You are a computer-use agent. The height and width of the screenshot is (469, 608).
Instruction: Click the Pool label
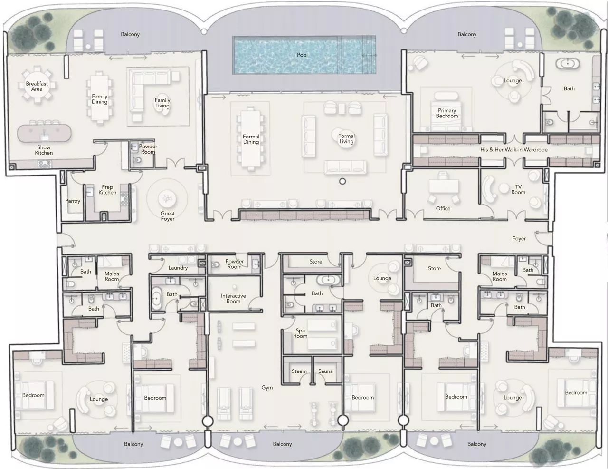click(x=302, y=55)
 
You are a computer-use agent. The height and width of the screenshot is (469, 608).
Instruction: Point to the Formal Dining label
click(x=251, y=139)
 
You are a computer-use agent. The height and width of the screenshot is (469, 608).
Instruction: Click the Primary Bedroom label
click(x=447, y=113)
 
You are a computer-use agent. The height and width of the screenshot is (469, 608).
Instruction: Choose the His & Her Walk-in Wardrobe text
click(x=513, y=149)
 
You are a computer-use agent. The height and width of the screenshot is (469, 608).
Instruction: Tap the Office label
click(x=443, y=208)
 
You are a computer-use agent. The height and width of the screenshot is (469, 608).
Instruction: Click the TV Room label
click(x=518, y=190)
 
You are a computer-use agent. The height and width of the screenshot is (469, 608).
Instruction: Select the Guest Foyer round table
click(x=167, y=198)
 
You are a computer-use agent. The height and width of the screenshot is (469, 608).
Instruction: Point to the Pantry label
click(x=73, y=201)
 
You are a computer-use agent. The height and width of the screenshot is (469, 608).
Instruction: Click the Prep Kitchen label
click(x=107, y=190)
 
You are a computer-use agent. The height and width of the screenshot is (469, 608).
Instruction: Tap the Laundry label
click(x=178, y=268)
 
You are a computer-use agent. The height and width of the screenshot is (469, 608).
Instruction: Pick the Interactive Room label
click(x=233, y=298)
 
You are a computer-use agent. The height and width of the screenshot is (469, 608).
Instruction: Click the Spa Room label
click(x=300, y=333)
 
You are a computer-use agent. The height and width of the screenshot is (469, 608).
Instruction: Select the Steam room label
click(x=299, y=371)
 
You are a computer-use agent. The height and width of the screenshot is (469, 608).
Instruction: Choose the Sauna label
click(x=325, y=371)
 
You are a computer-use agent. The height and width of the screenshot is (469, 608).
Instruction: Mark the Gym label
click(x=267, y=388)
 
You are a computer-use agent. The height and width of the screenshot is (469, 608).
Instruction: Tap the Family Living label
click(x=162, y=103)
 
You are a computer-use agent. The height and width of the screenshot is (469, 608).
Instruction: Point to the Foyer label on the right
click(x=519, y=238)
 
